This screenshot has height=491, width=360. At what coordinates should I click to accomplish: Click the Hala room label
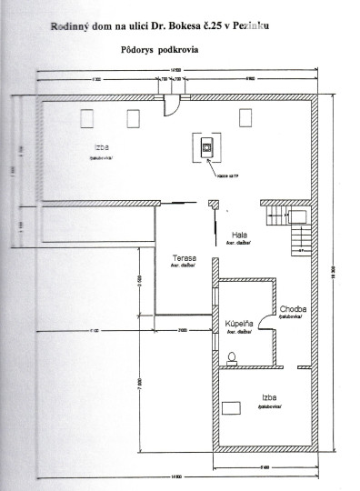point(239,234)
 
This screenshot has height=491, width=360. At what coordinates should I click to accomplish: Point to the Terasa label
point(185,258)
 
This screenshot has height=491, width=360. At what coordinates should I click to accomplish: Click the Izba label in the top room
point(99,146)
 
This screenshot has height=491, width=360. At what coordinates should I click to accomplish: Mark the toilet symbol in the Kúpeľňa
point(234,356)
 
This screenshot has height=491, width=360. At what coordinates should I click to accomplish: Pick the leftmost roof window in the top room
point(88,118)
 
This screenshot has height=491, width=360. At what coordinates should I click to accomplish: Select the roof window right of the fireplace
point(245,117)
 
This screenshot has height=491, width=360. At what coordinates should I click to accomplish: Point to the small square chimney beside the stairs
point(297,215)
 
